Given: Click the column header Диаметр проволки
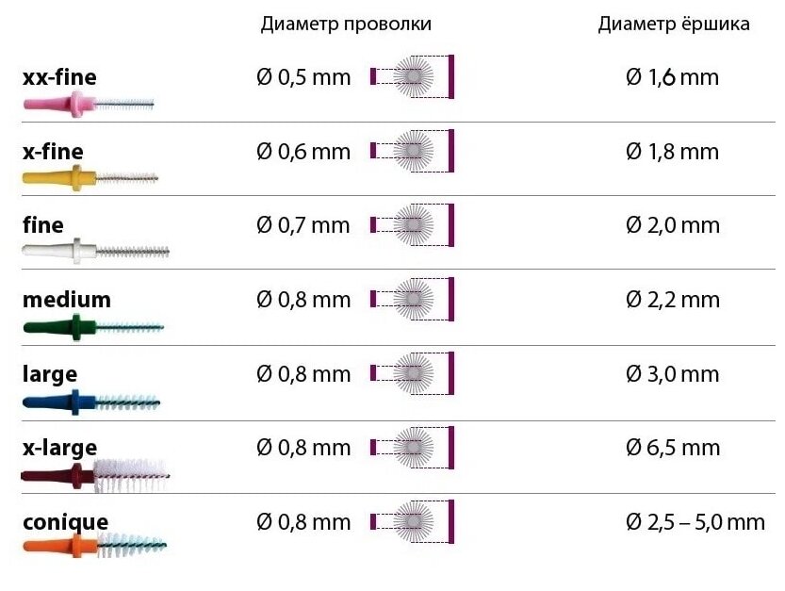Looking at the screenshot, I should [x=346, y=25].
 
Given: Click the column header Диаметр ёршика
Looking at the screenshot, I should [x=674, y=25].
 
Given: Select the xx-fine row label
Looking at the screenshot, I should [x=59, y=77].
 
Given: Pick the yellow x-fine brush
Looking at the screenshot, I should [x=90, y=176].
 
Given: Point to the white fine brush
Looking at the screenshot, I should [x=94, y=251].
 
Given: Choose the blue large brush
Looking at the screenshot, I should [x=91, y=402].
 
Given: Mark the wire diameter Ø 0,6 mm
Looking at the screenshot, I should [x=303, y=152].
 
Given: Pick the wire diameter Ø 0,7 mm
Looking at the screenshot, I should [x=303, y=225].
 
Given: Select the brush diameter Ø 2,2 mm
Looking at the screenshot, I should [x=672, y=300].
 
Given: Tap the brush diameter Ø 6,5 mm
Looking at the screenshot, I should [x=672, y=448].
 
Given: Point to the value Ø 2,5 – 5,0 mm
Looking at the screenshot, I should [x=695, y=521].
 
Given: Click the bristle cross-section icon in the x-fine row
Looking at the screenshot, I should [x=413, y=151].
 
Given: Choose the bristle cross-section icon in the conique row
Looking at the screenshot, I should [x=413, y=521].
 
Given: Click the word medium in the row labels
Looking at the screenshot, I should [x=67, y=300].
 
